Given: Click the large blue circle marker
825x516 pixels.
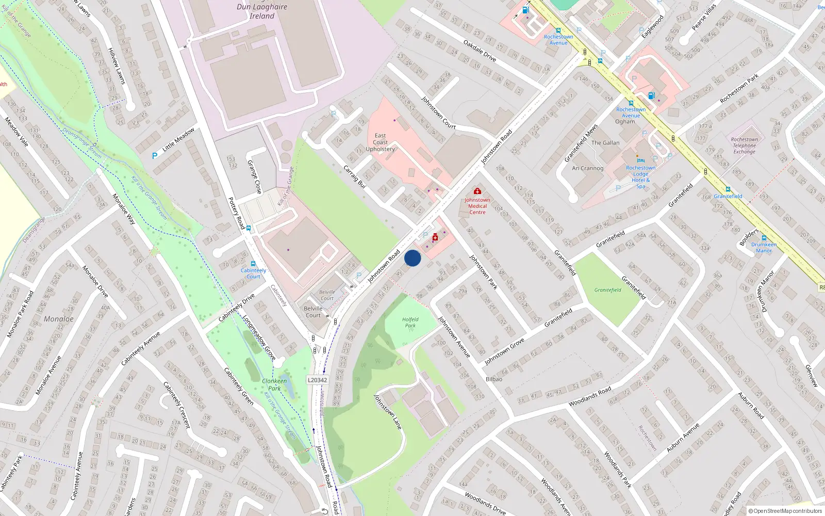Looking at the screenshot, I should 412,258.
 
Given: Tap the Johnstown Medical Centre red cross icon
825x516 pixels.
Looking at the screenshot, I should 477,191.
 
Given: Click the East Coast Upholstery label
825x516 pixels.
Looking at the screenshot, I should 381,142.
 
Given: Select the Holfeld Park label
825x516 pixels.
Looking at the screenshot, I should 410,322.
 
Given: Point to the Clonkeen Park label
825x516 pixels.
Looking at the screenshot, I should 274,384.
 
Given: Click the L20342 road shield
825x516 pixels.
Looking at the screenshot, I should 317,380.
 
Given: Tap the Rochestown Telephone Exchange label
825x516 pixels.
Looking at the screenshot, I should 745,146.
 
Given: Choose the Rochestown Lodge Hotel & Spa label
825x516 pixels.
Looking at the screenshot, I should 641,177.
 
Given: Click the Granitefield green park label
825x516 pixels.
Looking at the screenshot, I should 608,290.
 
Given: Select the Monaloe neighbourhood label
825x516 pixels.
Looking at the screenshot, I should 59,319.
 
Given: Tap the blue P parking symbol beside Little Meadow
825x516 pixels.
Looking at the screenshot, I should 154,156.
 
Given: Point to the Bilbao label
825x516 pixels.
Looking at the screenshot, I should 493,379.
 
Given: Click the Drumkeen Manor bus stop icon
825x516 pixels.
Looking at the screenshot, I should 764,238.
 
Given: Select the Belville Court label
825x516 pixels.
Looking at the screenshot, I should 313,312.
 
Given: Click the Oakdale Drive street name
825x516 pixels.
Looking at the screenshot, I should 480,51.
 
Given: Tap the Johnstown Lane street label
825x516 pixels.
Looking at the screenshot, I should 387,412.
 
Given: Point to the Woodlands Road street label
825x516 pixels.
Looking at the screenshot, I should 590,397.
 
